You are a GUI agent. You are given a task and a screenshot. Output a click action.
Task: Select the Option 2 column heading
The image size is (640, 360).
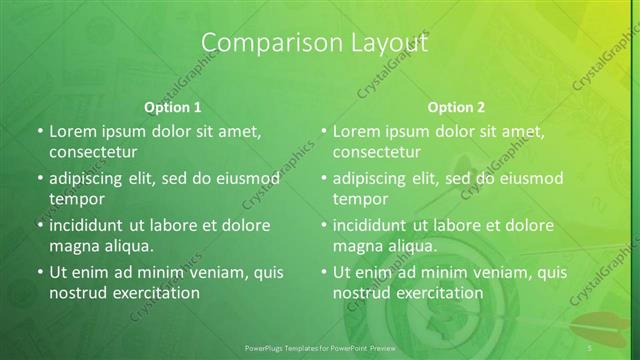click(456, 107)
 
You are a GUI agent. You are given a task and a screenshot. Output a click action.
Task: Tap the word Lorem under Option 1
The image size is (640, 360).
click(73, 131)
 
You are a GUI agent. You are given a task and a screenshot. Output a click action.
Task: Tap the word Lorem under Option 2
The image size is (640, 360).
click(357, 131)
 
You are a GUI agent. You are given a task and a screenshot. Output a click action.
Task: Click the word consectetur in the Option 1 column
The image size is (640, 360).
click(93, 152)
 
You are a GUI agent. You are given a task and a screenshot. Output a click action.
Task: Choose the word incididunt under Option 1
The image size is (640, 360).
click(89, 225)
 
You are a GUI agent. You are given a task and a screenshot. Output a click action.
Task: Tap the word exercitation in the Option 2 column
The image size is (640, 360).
click(440, 293)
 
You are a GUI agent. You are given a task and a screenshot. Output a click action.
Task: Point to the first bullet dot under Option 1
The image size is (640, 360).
click(39, 132)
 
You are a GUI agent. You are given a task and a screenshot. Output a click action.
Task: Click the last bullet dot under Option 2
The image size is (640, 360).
click(323, 273)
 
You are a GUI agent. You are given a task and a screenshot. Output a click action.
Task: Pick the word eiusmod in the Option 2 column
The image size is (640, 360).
click(531, 178)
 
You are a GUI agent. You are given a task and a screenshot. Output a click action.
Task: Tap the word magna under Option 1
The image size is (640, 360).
click(73, 245)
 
